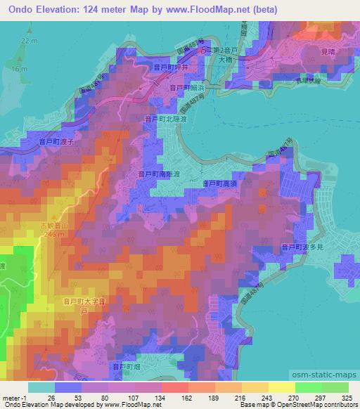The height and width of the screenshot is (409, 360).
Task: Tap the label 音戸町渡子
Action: (56, 141)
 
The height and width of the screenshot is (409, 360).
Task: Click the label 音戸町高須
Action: (219, 183)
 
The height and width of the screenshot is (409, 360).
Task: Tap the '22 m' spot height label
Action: (28, 41)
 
